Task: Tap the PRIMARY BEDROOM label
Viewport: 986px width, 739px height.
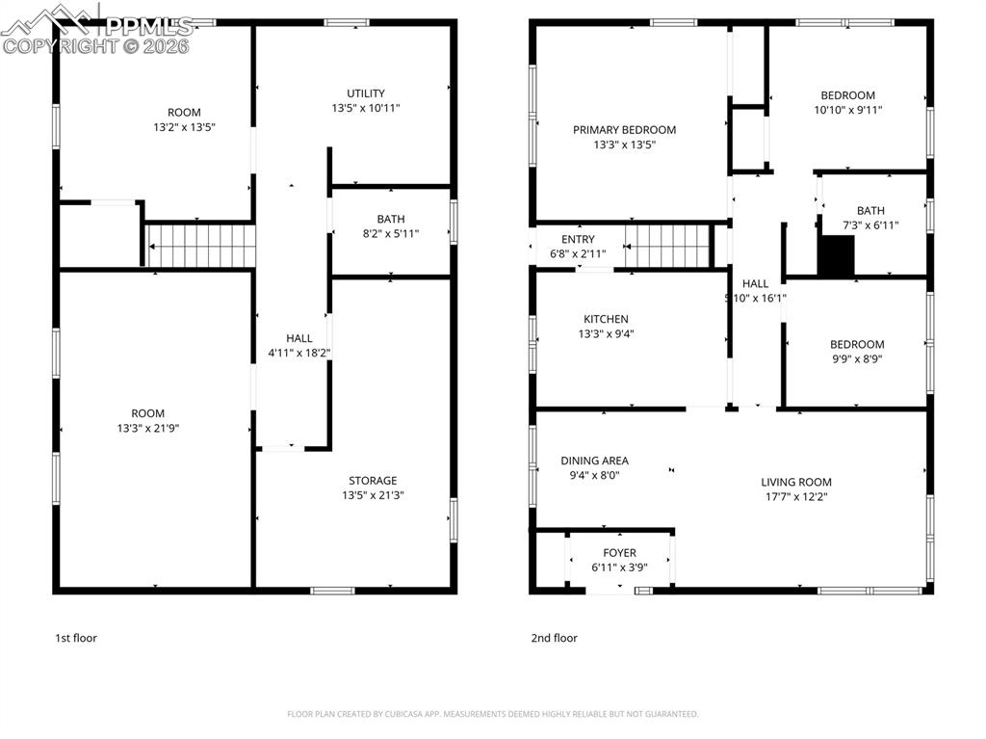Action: (x=624, y=130)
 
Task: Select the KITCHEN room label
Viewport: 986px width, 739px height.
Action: (x=606, y=319)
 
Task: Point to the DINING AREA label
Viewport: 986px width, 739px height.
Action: (x=594, y=461)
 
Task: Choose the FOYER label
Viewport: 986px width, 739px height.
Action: (x=619, y=553)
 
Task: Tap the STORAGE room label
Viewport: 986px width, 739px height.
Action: (x=373, y=481)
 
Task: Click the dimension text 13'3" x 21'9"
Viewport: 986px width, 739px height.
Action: (x=147, y=428)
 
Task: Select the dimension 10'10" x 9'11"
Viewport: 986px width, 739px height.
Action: (x=847, y=110)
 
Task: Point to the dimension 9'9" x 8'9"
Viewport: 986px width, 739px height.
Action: (x=856, y=358)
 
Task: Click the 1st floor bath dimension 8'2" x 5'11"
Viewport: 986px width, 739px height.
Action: (x=390, y=233)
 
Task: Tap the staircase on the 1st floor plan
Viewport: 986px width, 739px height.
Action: (x=200, y=245)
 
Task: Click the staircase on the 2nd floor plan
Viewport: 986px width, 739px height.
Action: (x=667, y=246)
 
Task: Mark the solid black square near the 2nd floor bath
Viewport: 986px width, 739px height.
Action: (x=836, y=257)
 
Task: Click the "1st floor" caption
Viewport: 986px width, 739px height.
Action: (x=75, y=638)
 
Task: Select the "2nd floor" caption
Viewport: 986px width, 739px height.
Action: (x=554, y=638)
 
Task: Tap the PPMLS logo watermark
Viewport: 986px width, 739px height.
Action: (x=96, y=29)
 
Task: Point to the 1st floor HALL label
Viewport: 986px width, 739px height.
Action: (x=298, y=338)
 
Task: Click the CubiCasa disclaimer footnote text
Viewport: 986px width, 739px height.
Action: (x=492, y=714)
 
